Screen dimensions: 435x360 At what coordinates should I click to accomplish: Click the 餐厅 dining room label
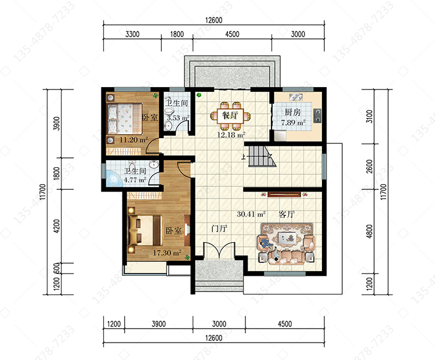coord(230,115)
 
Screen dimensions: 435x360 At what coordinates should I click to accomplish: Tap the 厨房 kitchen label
coord(293,112)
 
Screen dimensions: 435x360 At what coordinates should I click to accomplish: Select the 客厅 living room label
coord(287,214)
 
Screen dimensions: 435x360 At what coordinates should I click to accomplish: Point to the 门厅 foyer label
coord(219,229)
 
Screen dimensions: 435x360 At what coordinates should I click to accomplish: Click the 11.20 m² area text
coord(133,139)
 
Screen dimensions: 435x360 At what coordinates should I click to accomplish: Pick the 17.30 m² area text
coord(167,253)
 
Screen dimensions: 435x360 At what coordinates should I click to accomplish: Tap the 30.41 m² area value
coord(251,214)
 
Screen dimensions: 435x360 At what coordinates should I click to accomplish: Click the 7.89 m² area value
coord(293,123)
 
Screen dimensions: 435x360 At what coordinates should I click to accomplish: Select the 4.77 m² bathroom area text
coord(135,180)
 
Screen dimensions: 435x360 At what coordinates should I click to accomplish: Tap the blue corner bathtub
coord(114,178)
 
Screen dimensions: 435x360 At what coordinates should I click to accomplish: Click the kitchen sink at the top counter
coord(296,97)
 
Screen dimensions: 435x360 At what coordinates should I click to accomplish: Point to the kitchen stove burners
coord(317,116)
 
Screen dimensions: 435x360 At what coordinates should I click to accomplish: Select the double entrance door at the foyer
coord(219,250)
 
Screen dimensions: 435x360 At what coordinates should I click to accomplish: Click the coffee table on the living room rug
coord(287,238)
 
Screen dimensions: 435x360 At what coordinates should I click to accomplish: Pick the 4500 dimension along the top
coord(232,34)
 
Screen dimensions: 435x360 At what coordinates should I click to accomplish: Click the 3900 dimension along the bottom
coord(159,324)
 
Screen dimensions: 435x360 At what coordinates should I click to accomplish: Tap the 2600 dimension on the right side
coord(369,167)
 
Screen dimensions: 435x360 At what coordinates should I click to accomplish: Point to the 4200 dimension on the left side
coord(56,226)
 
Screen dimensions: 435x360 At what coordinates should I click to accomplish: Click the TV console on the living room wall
coord(284,194)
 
